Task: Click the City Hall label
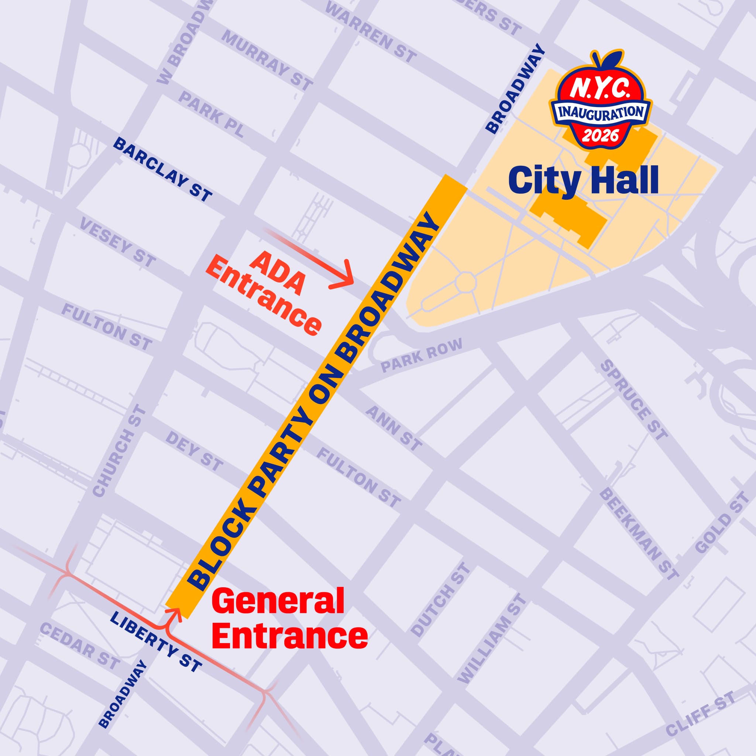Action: pyautogui.click(x=583, y=180)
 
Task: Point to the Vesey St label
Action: pyautogui.click(x=117, y=243)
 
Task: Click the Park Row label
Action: pyautogui.click(x=422, y=354)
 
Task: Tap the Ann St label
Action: pyautogui.click(x=394, y=428)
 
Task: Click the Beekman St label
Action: pyautogui.click(x=639, y=534)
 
